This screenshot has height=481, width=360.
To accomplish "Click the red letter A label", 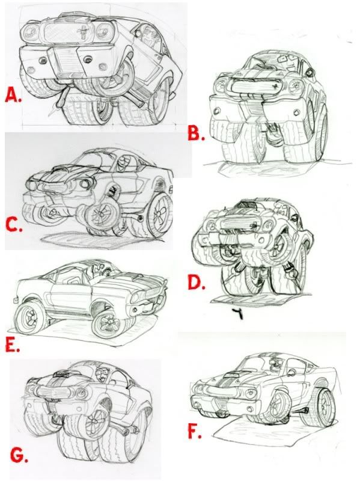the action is [13, 96].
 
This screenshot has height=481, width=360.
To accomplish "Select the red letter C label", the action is [14, 226].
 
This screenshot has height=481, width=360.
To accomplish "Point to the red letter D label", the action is [197, 283].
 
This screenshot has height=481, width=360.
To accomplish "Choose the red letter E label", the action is [13, 345].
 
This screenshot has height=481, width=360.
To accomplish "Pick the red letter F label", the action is [194, 430].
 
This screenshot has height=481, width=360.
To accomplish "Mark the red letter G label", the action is [19, 455].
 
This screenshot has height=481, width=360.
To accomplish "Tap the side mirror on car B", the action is [310, 72].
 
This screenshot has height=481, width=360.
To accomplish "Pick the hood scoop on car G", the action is [61, 373].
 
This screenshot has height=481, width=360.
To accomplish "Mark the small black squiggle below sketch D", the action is [237, 313].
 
